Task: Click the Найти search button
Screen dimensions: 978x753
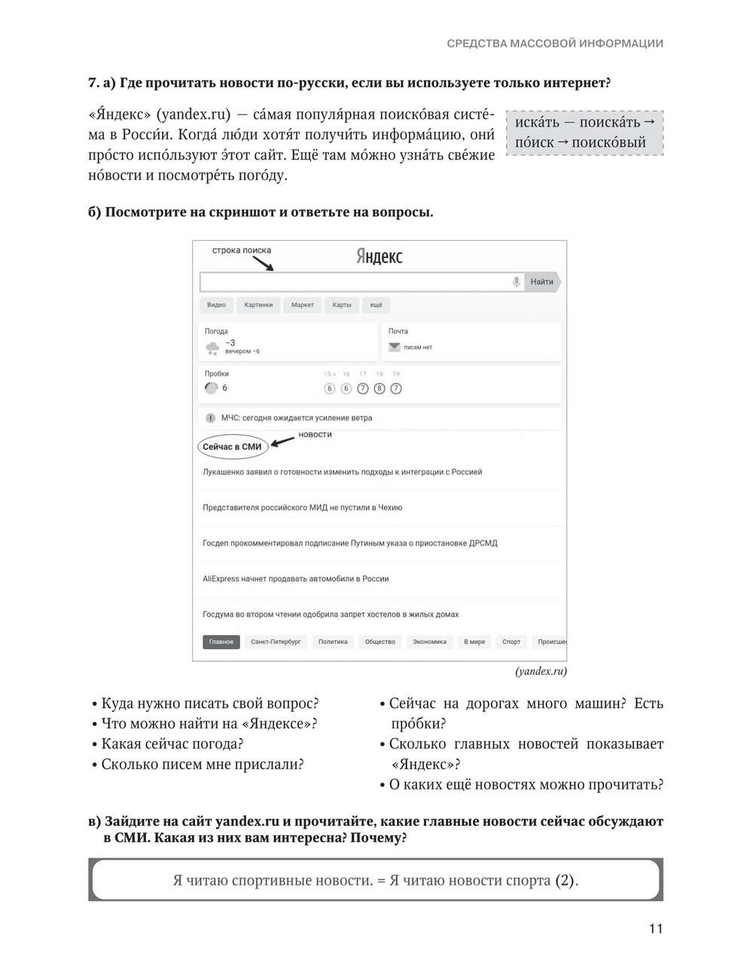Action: point(542,282)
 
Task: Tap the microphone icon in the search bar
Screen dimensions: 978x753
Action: point(517,282)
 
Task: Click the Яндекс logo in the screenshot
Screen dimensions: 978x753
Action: point(380,257)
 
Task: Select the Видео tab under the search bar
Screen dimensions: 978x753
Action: point(216,305)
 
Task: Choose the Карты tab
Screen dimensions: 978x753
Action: point(342,305)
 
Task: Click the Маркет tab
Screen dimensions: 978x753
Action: point(303,305)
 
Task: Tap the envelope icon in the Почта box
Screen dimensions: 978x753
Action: point(394,348)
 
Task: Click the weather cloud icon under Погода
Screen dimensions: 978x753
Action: point(212,348)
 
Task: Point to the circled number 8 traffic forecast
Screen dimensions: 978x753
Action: point(380,389)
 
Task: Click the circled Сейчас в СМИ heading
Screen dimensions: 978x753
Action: point(232,447)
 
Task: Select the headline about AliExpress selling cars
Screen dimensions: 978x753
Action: point(296,579)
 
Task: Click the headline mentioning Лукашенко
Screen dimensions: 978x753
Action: point(343,472)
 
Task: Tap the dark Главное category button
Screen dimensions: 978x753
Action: point(221,642)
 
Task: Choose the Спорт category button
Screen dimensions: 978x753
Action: point(511,642)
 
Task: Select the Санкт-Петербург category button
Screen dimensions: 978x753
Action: point(276,642)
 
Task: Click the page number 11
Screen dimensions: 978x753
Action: point(656,929)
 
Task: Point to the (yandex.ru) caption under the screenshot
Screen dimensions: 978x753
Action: point(541,672)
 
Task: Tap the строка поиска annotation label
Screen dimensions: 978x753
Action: point(241,251)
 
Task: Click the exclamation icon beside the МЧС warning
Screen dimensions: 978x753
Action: point(211,418)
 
